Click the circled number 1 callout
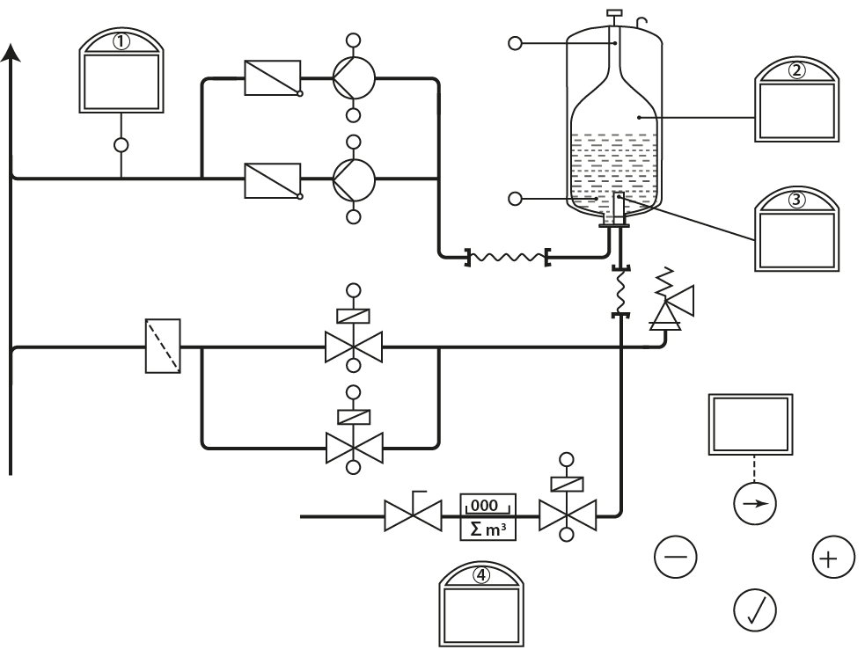(x=121, y=41)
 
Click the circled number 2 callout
(x=796, y=71)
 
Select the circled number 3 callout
(x=796, y=200)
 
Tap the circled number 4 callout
(x=481, y=575)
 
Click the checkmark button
(x=755, y=610)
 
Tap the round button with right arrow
(x=755, y=504)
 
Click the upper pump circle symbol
(x=354, y=78)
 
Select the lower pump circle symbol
(x=354, y=179)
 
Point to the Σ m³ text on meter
(x=487, y=529)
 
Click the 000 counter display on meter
(x=485, y=505)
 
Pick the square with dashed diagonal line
(x=163, y=347)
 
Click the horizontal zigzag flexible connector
(x=506, y=257)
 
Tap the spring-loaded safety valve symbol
(x=668, y=303)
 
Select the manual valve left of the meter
(x=413, y=515)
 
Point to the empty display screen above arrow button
(x=751, y=424)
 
